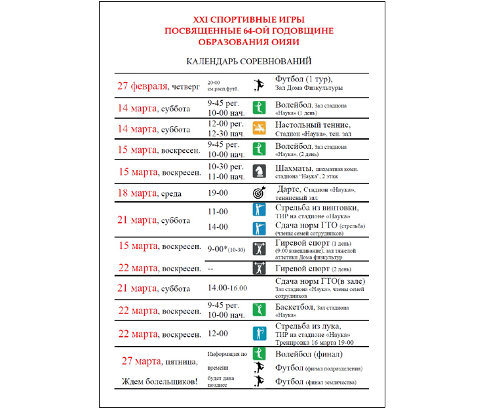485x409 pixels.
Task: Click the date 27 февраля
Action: (142, 86)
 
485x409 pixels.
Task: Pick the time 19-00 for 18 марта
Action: (218, 193)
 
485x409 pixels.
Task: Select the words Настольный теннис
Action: (313, 125)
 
